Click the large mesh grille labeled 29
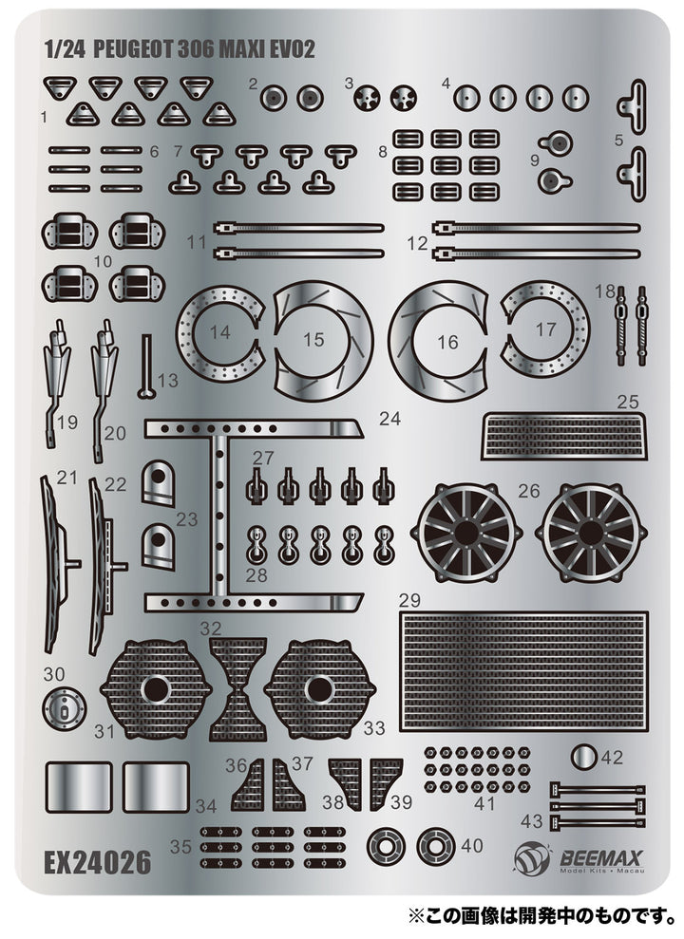(x=523, y=670)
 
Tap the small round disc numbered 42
(x=583, y=757)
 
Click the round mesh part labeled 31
(x=152, y=688)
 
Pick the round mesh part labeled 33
(x=319, y=688)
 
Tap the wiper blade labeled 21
(x=52, y=560)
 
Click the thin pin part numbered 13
(x=146, y=366)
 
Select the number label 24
(x=389, y=418)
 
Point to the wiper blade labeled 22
(x=101, y=565)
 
